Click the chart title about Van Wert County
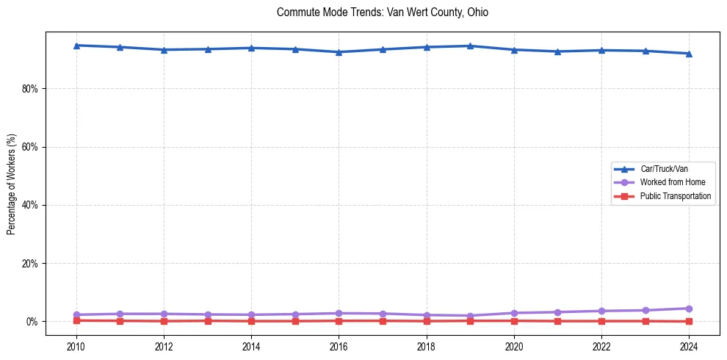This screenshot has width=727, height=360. click(382, 12)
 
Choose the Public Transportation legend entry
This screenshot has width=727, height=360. click(675, 196)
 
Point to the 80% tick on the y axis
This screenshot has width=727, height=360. click(30, 89)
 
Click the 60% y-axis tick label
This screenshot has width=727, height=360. click(30, 147)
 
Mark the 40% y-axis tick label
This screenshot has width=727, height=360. click(30, 205)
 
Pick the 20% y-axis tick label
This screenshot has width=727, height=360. click(30, 263)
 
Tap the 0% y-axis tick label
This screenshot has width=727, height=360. click(32, 322)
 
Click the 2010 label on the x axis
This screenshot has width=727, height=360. click(76, 346)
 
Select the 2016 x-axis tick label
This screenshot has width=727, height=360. click(339, 346)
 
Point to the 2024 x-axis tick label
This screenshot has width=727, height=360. click(689, 346)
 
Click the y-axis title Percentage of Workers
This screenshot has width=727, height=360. click(12, 184)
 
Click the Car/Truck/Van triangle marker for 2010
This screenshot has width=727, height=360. click(76, 46)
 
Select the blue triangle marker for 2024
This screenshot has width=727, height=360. click(689, 54)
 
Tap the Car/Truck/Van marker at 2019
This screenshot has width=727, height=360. click(470, 46)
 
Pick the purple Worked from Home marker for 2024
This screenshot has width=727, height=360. click(689, 309)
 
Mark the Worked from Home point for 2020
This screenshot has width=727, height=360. click(514, 313)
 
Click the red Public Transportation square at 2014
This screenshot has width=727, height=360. click(251, 321)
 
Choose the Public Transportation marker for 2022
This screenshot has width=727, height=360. click(601, 321)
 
